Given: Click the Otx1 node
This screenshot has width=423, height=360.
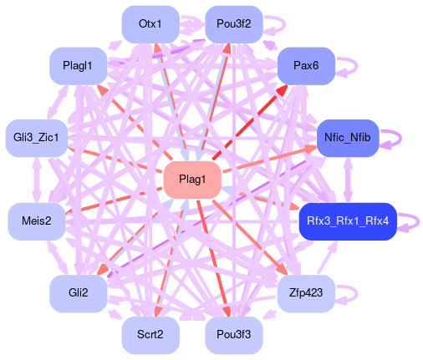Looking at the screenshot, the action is coord(150,24).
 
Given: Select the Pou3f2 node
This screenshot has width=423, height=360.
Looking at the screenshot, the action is coord(234,24).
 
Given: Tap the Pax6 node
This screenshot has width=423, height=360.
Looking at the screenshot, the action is coord(306,66).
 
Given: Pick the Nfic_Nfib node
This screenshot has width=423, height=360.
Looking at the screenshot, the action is coord(348,138).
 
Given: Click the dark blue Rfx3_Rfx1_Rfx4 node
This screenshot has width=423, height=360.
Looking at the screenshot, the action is coord(348,221).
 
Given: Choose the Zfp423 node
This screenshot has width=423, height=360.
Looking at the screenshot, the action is coord(306,293).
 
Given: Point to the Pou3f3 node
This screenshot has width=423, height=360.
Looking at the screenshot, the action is coord(234,335).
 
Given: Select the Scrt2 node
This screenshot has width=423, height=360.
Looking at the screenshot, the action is coord(150,335).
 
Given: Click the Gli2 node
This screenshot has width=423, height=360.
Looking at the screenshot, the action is coord(79,293).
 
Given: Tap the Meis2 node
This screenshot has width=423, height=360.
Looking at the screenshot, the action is coord(37,221).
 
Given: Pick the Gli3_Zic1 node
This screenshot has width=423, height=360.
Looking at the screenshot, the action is coord(37,138).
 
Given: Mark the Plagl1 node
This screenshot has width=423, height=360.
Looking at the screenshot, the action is coord(79,66).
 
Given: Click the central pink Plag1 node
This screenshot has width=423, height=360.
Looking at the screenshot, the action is coord(192,180).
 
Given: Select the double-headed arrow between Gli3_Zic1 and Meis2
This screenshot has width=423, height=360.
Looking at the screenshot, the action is coord(37,180).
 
